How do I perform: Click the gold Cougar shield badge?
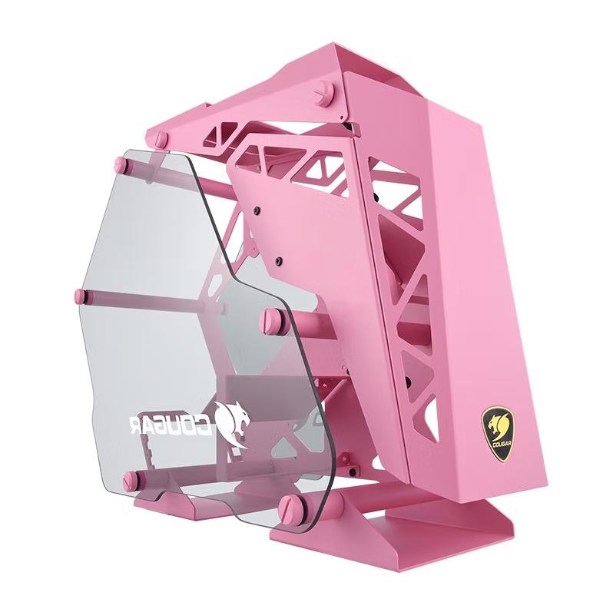pos(496,434)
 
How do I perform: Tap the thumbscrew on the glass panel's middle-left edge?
pos(81,296)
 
